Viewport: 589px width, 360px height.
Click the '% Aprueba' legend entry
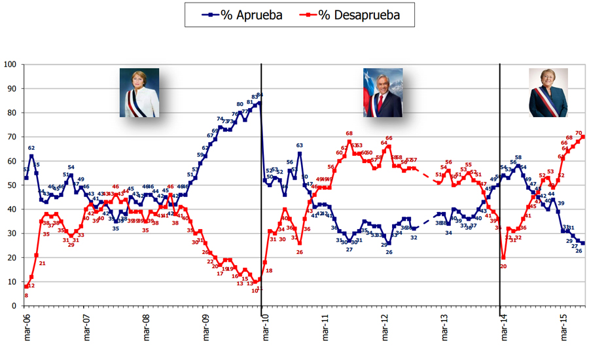click(243, 14)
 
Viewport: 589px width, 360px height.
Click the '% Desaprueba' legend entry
click(357, 14)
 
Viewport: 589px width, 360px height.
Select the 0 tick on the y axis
click(14, 306)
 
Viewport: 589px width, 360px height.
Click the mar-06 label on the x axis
click(26, 327)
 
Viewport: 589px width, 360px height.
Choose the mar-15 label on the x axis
click(561, 327)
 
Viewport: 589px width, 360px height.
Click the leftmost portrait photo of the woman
click(139, 92)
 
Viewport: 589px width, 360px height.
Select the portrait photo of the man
click(383, 92)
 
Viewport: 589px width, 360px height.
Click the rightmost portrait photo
click(548, 92)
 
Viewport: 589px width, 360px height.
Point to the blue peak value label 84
click(259, 96)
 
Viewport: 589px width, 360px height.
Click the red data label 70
click(579, 133)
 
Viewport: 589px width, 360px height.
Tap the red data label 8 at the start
click(26, 295)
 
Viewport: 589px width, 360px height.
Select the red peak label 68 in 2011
click(349, 134)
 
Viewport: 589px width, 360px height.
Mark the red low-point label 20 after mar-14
click(503, 266)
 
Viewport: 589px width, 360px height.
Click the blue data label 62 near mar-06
click(31, 149)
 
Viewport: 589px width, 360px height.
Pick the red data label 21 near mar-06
click(42, 263)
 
